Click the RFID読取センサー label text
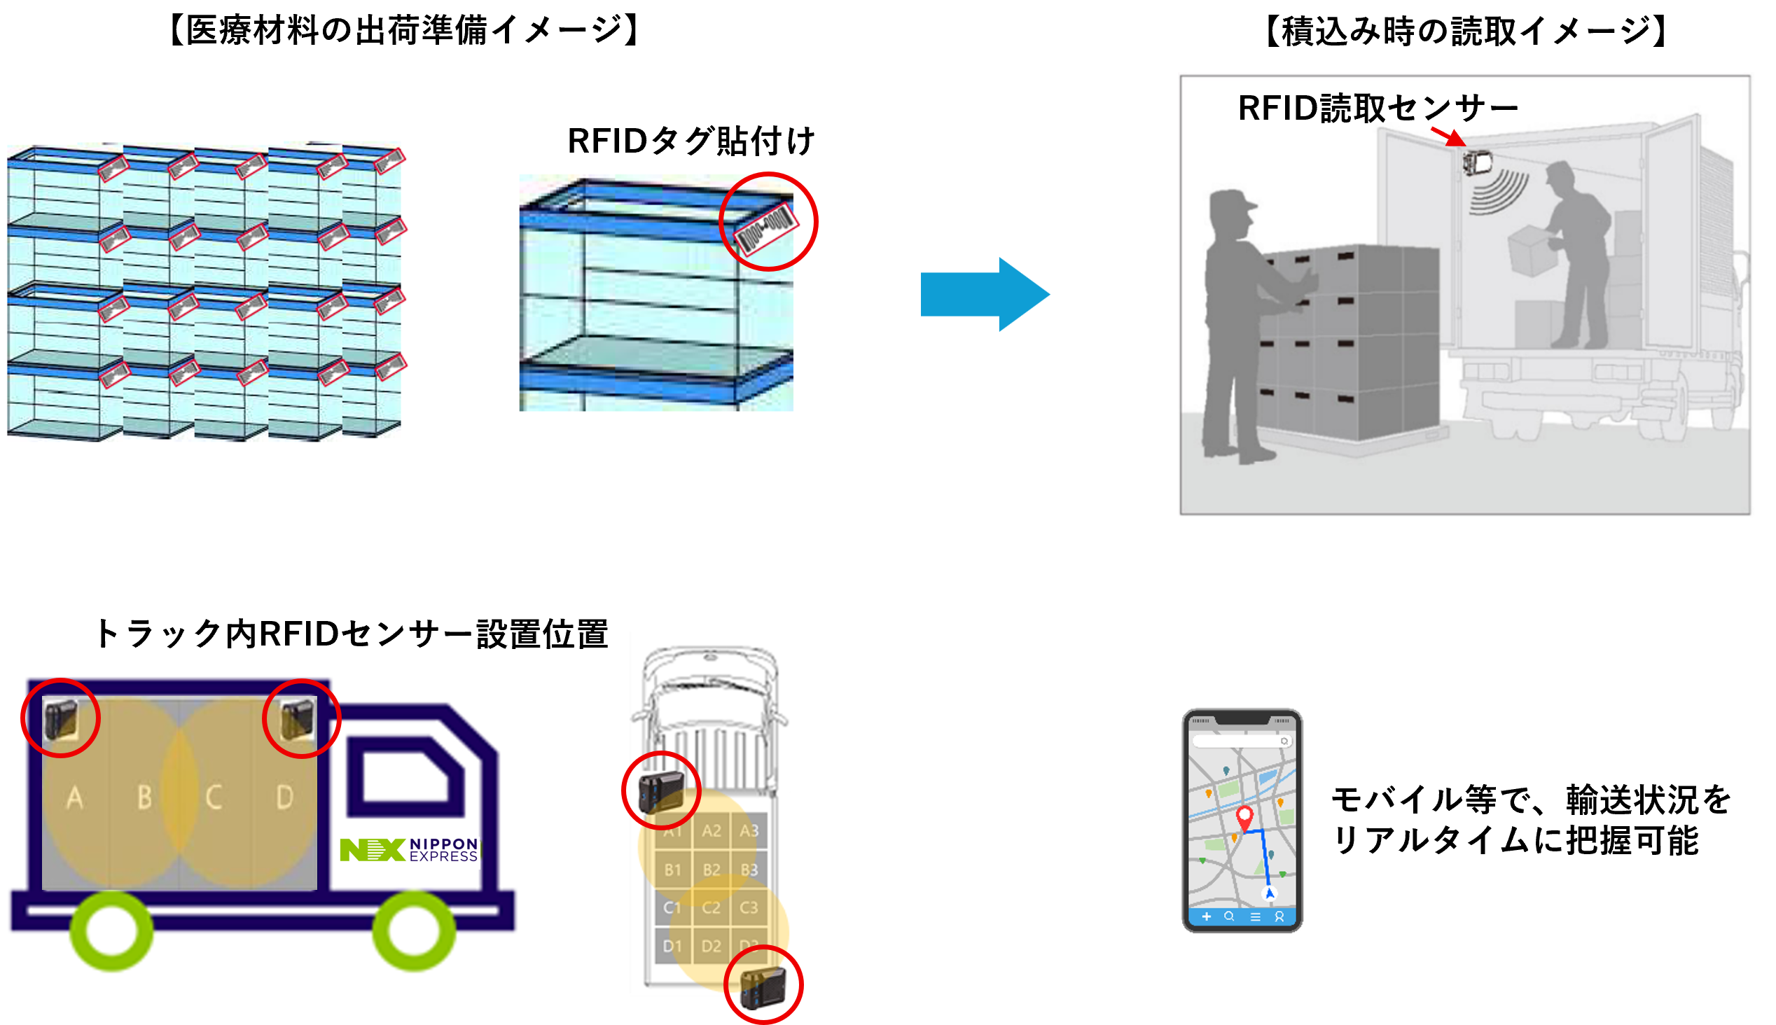[1378, 109]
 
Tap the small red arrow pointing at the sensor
[1448, 136]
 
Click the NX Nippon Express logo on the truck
[409, 850]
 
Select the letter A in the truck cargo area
[75, 797]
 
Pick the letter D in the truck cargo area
[284, 797]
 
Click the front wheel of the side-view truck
[414, 930]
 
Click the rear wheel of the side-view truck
[111, 930]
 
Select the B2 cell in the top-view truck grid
[711, 870]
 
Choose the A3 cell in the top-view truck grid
[749, 831]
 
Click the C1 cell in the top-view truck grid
[672, 908]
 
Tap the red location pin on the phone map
[1244, 816]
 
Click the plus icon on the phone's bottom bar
[1207, 916]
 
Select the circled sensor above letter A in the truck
[60, 718]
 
